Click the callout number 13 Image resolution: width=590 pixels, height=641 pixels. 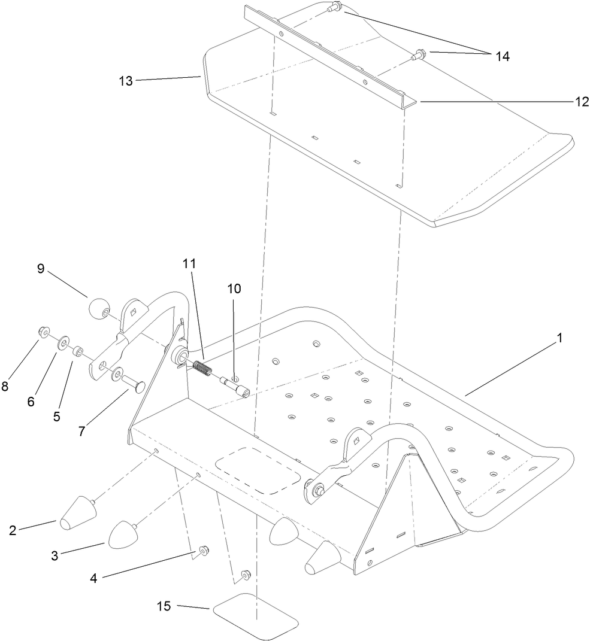point(126,81)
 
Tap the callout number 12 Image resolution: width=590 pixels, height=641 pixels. point(582,102)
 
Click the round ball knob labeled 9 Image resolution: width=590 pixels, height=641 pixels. point(98,310)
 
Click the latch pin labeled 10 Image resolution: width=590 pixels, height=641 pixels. point(235,386)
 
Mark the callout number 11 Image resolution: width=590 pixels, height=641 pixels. point(189,263)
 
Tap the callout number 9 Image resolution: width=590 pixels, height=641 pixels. point(41,269)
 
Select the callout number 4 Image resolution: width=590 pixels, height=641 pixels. point(93,579)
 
